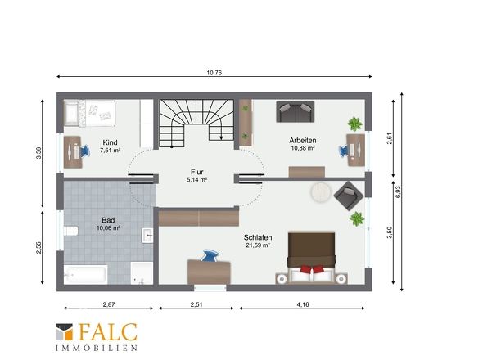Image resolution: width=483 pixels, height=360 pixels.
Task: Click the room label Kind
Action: pyautogui.click(x=110, y=142)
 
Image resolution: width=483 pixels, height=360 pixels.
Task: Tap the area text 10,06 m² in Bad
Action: pyautogui.click(x=108, y=228)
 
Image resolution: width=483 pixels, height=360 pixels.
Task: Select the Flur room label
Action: pyautogui.click(x=197, y=172)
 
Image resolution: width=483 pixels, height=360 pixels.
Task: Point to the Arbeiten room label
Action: pyautogui.click(x=303, y=141)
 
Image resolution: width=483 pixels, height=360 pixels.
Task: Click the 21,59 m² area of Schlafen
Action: pyautogui.click(x=258, y=245)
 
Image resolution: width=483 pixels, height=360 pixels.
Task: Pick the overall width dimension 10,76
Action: pyautogui.click(x=214, y=73)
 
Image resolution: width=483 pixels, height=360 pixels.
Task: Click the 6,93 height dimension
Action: pyautogui.click(x=398, y=191)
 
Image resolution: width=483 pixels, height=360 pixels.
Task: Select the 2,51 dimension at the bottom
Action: pyautogui.click(x=196, y=304)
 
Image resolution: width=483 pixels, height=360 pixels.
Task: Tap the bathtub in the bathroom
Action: pyautogui.click(x=86, y=274)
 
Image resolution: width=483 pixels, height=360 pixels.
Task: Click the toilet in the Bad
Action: pyautogui.click(x=71, y=231)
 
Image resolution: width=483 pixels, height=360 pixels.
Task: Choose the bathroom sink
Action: pyautogui.click(x=147, y=236)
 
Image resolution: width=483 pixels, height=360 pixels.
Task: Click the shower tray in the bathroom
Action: pyautogui.click(x=142, y=272)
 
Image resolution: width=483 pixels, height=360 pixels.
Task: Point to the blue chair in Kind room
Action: pyautogui.click(x=84, y=151)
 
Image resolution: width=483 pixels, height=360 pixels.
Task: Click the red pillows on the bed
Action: pyautogui.click(x=313, y=269)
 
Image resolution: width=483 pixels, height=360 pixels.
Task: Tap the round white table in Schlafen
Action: pyautogui.click(x=321, y=192)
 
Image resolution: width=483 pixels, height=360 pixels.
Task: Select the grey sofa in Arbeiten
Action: pyautogui.click(x=296, y=111)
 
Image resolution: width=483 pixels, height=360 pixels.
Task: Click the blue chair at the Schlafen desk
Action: pyautogui.click(x=210, y=256)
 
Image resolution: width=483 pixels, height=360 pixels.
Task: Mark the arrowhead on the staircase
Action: pyautogui.click(x=221, y=137)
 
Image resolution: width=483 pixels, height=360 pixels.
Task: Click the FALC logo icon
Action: pyautogui.click(x=64, y=331)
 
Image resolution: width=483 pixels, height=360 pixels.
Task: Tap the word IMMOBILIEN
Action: pyautogui.click(x=97, y=349)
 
